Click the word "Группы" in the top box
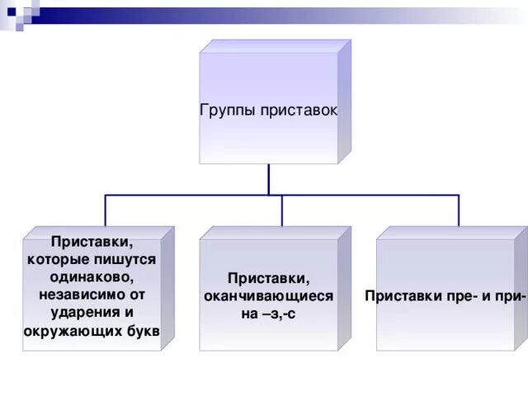(228, 110)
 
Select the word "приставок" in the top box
(297, 110)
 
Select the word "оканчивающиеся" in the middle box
(269, 296)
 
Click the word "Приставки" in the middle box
(269, 279)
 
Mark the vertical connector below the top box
(268, 180)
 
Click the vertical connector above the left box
(105, 210)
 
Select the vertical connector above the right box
(459, 210)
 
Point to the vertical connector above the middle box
(281, 210)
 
